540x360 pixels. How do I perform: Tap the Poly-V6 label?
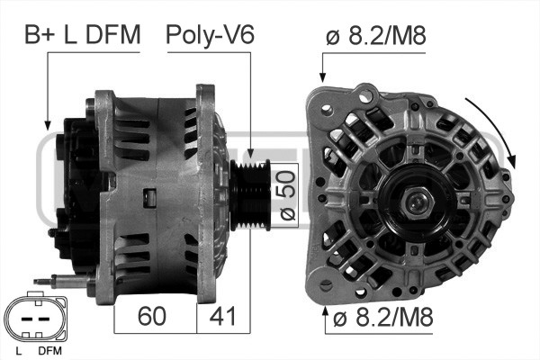pos(210,35)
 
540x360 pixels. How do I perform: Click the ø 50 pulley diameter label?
pos(284,196)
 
